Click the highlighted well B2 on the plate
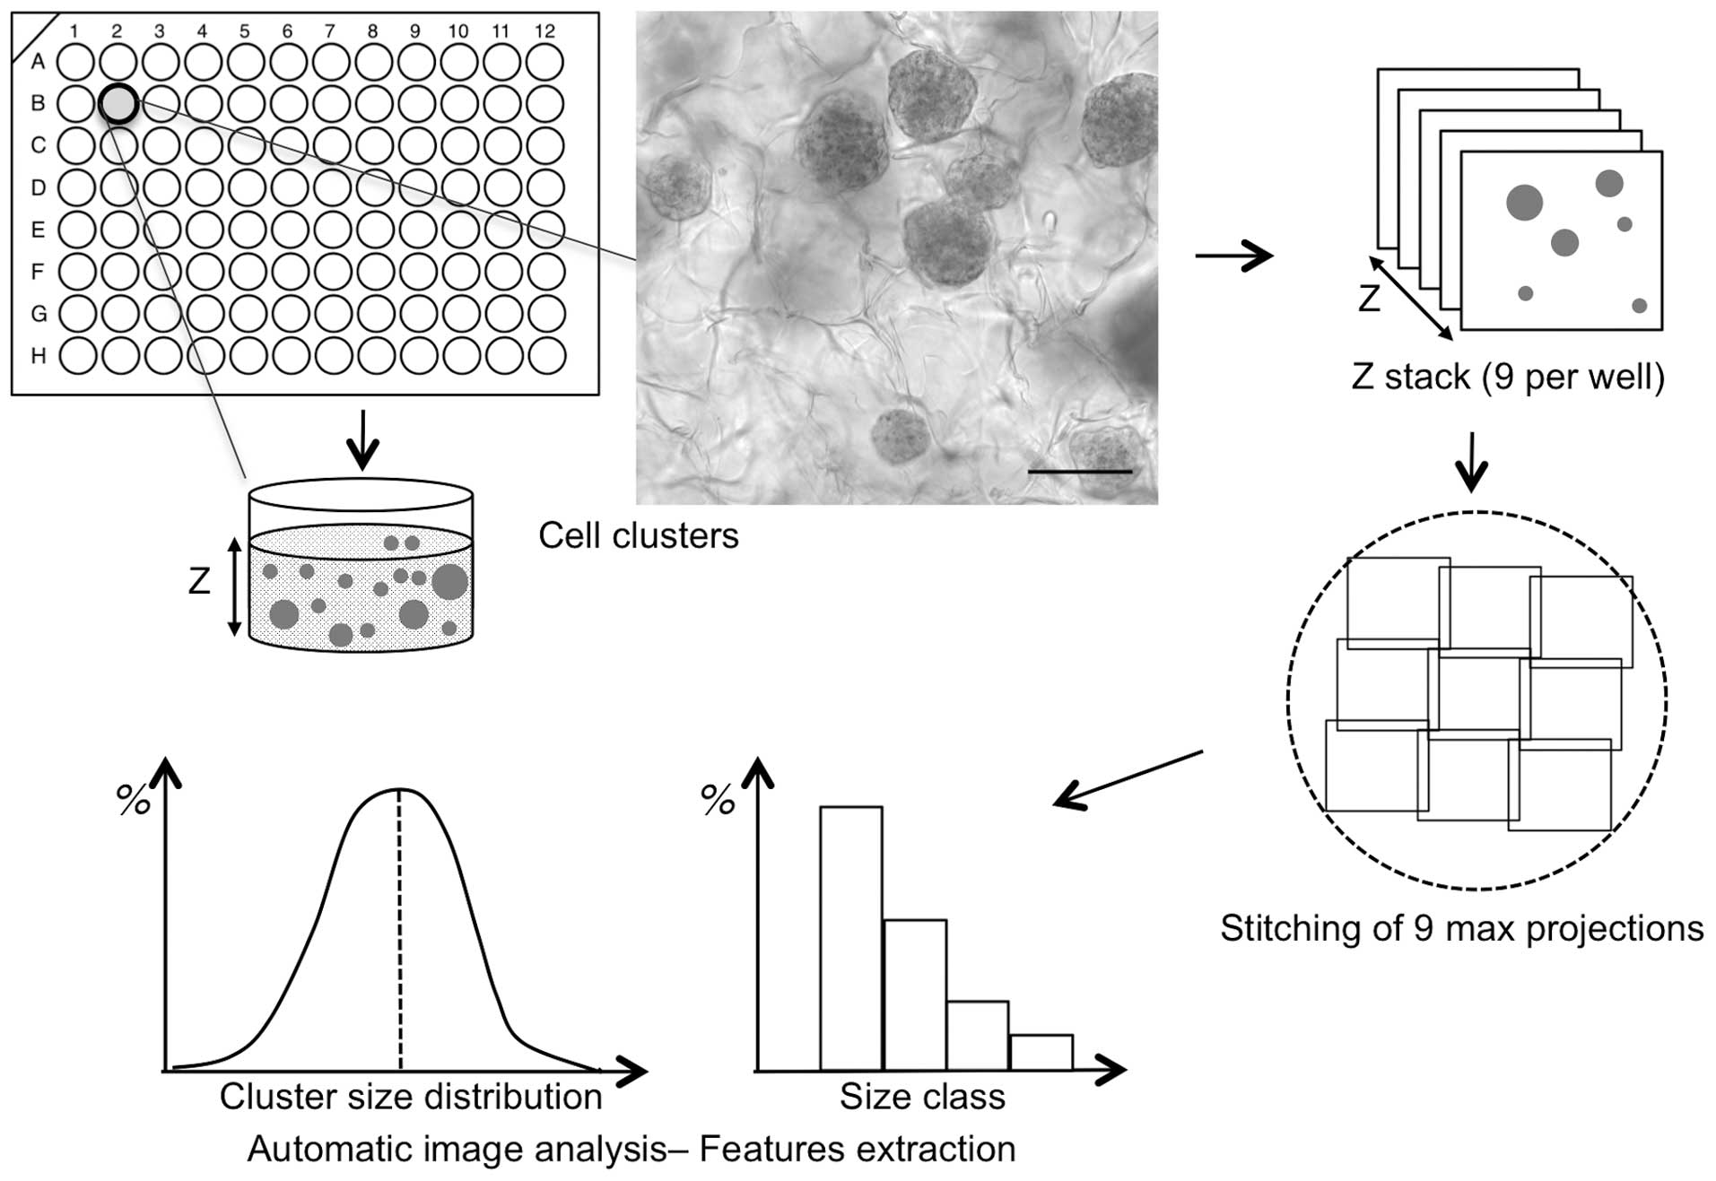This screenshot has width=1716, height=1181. tap(118, 104)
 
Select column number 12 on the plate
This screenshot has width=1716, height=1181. tap(544, 31)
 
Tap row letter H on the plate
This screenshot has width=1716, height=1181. tap(38, 356)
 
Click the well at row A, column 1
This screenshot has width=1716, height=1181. tap(75, 62)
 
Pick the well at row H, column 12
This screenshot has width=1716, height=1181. tap(546, 356)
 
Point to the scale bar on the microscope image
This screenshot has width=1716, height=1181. tap(1079, 471)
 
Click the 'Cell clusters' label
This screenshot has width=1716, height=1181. tap(638, 535)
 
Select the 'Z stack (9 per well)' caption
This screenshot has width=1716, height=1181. tap(1507, 377)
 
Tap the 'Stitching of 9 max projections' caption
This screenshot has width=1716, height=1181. tap(1461, 928)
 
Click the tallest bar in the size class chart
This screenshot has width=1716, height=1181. tap(850, 937)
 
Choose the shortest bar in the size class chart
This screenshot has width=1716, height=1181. tap(1041, 1052)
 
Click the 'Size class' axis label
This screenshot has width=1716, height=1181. tap(922, 1097)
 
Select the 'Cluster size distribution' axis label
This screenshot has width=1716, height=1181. tap(411, 1097)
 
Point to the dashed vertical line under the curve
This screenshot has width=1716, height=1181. tap(400, 933)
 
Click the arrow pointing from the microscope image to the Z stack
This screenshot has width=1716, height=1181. tap(1233, 256)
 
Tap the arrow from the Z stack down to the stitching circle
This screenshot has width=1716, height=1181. tap(1471, 462)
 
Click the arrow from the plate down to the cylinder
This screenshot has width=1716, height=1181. tap(362, 440)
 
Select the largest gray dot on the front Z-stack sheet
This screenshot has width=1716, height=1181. tap(1524, 203)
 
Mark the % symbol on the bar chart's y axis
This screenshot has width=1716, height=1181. tap(718, 799)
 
